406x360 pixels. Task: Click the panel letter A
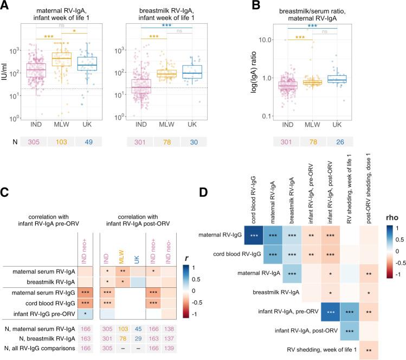point(5,6)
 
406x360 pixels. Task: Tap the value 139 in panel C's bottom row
point(185,350)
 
